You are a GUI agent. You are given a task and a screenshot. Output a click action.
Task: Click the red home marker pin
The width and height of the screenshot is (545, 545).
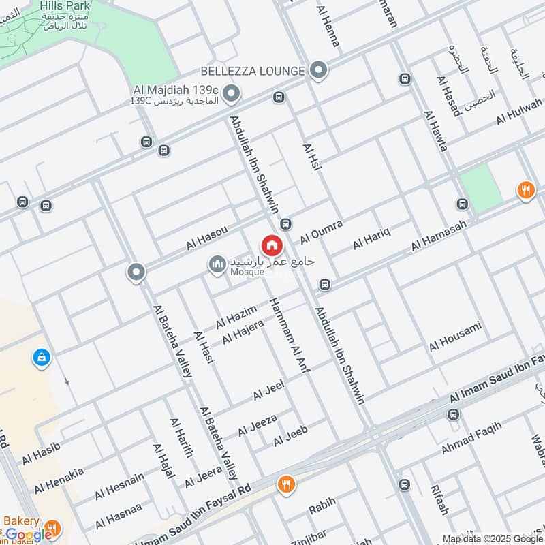click(x=271, y=245)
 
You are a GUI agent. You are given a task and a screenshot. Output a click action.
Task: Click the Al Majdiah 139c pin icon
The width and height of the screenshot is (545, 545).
click(x=232, y=93)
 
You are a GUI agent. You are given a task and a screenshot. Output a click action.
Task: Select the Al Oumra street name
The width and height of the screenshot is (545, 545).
click(x=322, y=232)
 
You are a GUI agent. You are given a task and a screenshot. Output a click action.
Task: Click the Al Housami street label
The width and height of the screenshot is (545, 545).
click(x=455, y=337)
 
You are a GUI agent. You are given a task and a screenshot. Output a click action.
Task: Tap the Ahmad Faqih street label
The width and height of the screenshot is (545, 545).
click(x=471, y=438)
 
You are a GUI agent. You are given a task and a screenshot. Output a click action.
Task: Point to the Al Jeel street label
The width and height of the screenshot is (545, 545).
click(x=268, y=390)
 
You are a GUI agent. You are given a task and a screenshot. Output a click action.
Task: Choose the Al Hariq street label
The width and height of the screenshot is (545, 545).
click(x=371, y=238)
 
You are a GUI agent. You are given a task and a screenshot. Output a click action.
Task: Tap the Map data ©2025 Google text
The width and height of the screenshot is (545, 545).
click(x=492, y=538)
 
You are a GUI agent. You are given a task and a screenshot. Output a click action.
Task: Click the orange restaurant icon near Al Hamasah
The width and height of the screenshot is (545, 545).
click(x=525, y=190)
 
